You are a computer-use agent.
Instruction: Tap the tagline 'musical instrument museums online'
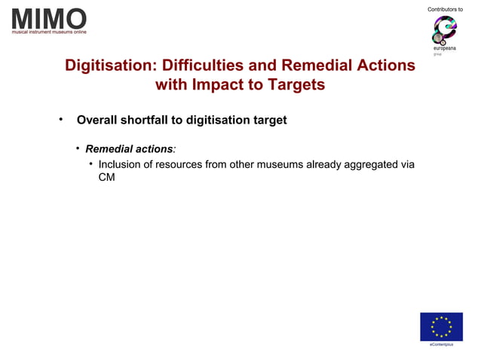coord(49,32)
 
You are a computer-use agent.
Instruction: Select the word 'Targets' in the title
coord(296,85)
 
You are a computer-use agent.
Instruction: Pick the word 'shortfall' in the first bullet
coord(153,121)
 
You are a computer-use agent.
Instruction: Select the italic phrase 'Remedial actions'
coord(129,148)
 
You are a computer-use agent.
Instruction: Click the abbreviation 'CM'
coord(106,180)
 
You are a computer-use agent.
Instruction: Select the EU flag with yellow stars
coord(441,327)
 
